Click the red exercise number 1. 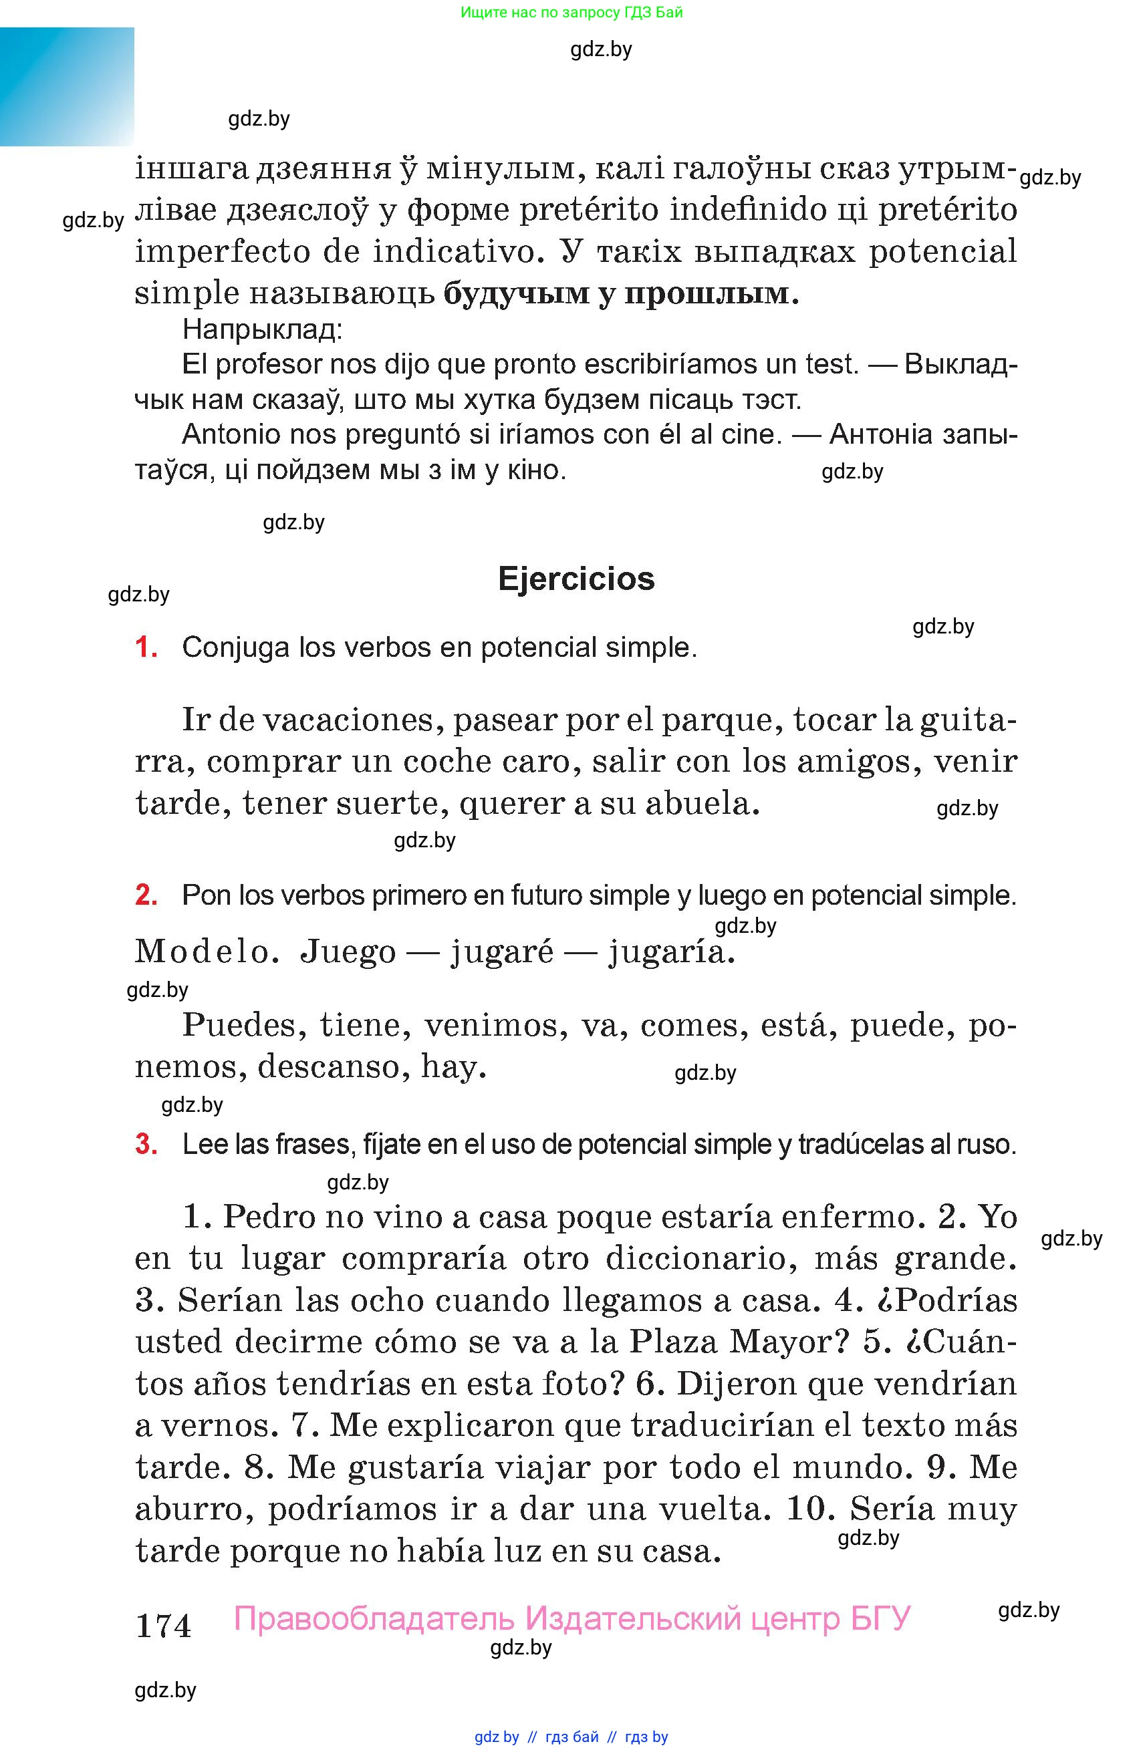pyautogui.click(x=146, y=647)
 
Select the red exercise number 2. pyautogui.click(x=146, y=895)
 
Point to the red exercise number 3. pyautogui.click(x=146, y=1144)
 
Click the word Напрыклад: pyautogui.click(x=262, y=329)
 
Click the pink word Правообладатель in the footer pyautogui.click(x=374, y=1618)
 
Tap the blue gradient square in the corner pyautogui.click(x=66, y=86)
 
